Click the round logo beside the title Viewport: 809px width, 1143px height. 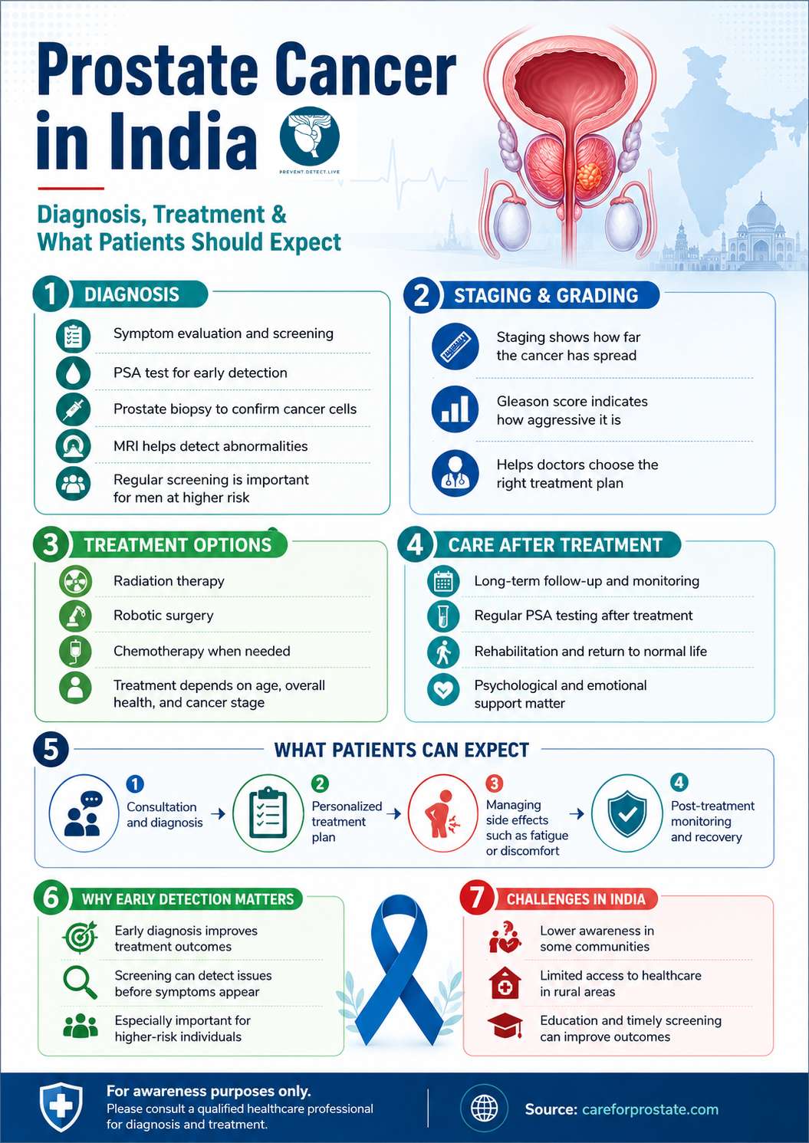click(x=309, y=136)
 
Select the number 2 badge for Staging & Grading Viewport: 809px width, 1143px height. click(x=421, y=295)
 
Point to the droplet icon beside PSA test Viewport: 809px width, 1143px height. click(x=73, y=373)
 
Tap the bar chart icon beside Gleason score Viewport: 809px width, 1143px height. click(x=455, y=409)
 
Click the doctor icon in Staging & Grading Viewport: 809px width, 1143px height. click(x=455, y=473)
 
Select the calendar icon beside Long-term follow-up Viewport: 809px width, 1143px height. click(x=443, y=581)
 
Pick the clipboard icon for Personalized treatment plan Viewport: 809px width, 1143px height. click(x=268, y=813)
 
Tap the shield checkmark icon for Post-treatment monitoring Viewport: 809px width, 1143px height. click(x=626, y=813)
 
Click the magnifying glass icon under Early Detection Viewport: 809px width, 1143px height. click(x=80, y=983)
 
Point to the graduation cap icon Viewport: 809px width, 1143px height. click(x=505, y=1026)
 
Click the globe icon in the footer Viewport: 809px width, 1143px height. click(x=484, y=1108)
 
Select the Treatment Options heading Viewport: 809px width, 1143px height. click(x=178, y=545)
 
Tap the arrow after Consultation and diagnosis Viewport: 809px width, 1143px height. click(x=218, y=813)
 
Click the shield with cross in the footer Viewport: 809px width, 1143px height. click(x=61, y=1107)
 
